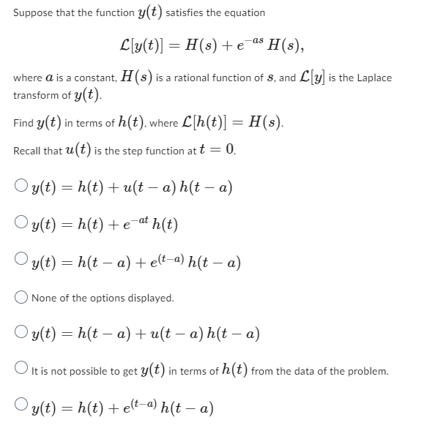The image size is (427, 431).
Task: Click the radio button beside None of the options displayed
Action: pos(21,298)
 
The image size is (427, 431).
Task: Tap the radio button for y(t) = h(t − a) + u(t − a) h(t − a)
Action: pos(21,334)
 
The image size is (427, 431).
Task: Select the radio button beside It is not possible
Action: pos(21,371)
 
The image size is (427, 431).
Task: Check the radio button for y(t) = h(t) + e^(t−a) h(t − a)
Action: pos(21,408)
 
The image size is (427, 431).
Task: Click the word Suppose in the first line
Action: pos(32,13)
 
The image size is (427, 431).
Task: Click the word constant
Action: pos(86,78)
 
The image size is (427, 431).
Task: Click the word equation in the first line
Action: pos(242,13)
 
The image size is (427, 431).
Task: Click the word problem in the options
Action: pos(366,372)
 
